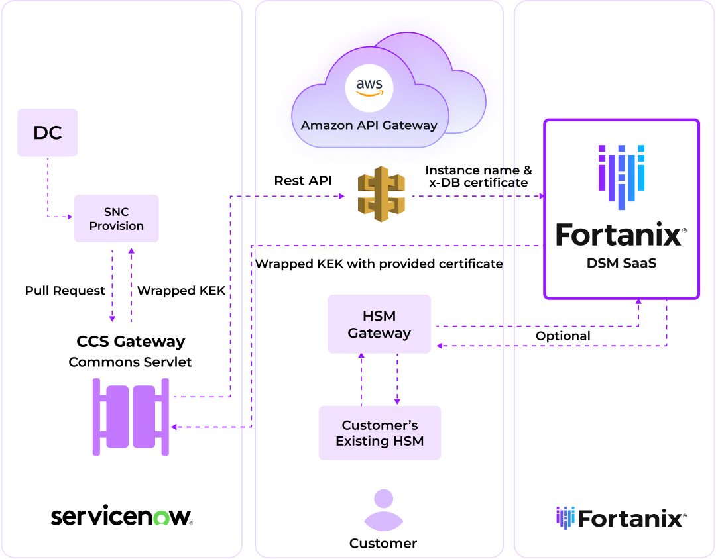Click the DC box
point(48,132)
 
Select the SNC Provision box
point(117,219)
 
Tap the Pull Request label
point(65,291)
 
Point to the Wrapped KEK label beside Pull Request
point(181,291)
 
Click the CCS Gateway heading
point(131,342)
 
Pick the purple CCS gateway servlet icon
point(131,417)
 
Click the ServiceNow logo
point(121,517)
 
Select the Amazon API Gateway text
point(369,125)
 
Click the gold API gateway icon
point(381,194)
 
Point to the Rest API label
point(303,181)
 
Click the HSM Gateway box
point(379,325)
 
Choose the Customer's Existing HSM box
point(380,433)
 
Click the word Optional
point(563,336)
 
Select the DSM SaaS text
point(621,264)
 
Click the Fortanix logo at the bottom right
point(621,518)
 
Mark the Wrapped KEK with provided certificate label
point(379,264)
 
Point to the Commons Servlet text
point(131,362)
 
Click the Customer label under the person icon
point(383,544)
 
